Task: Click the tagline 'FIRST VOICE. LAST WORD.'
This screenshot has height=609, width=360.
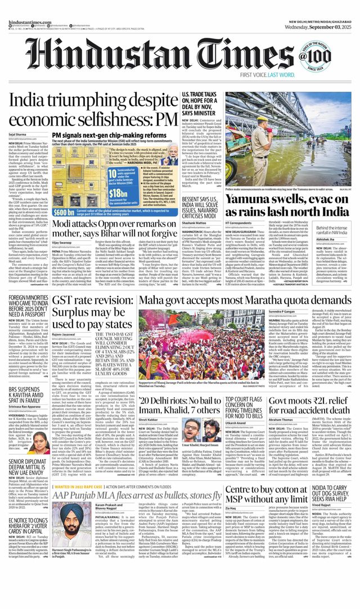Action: pyautogui.click(x=283, y=74)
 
